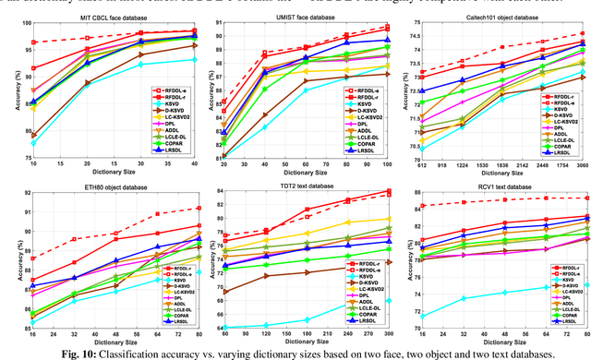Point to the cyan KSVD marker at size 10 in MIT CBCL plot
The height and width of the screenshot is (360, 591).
[x=34, y=143]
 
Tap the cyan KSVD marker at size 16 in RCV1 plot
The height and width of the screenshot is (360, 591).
[x=423, y=317]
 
